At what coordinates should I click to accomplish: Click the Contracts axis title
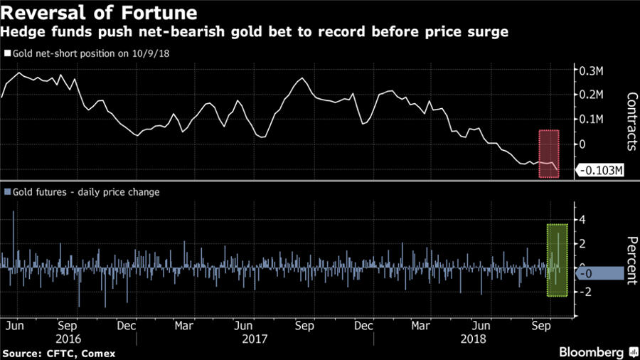630,121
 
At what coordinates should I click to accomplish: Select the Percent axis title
630,260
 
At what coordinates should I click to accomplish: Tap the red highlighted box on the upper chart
548,153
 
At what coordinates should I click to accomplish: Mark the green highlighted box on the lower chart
557,260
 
